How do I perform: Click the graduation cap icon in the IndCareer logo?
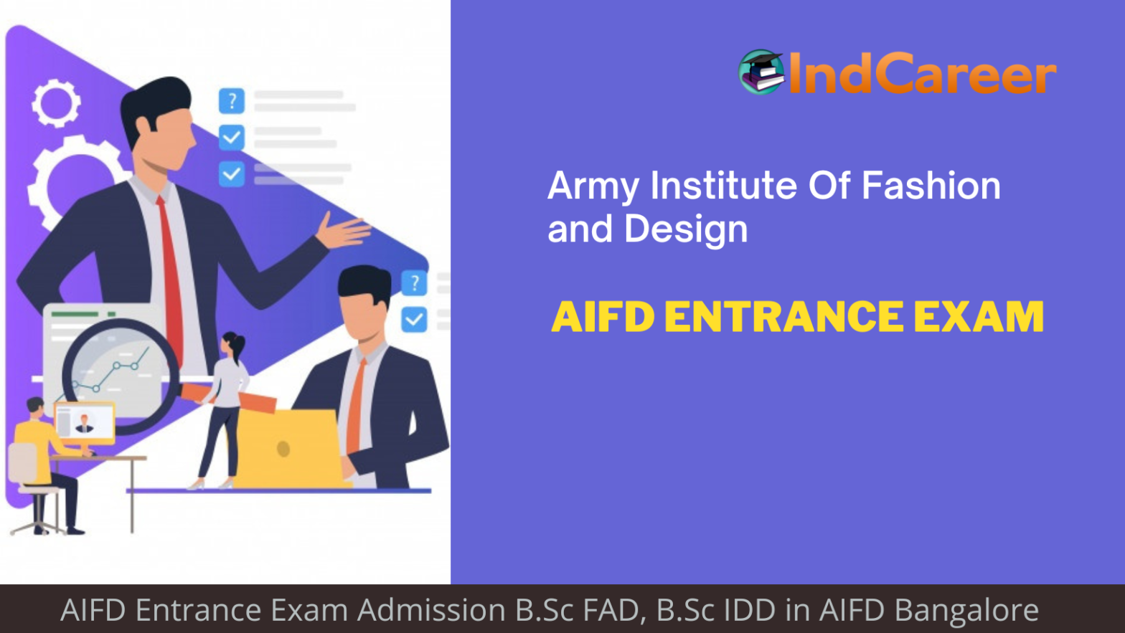(x=761, y=72)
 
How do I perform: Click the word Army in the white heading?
(x=593, y=186)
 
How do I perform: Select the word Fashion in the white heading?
(x=931, y=185)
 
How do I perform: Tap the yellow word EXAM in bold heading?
(x=979, y=317)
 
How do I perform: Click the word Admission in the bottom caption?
(x=431, y=610)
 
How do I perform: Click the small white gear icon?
(x=56, y=103)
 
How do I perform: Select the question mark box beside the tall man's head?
(x=232, y=101)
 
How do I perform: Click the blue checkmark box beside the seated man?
(x=415, y=319)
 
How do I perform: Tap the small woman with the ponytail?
(x=225, y=409)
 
